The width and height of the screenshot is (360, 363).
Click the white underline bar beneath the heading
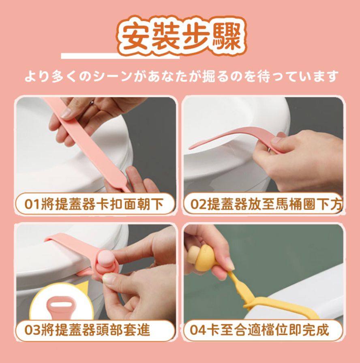pyautogui.click(x=120, y=56)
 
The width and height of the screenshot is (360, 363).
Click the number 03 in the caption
pyautogui.click(x=32, y=330)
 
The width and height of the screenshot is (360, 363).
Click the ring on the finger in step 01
pyautogui.click(x=92, y=102)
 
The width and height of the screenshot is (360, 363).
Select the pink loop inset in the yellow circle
pyautogui.click(x=61, y=308)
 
